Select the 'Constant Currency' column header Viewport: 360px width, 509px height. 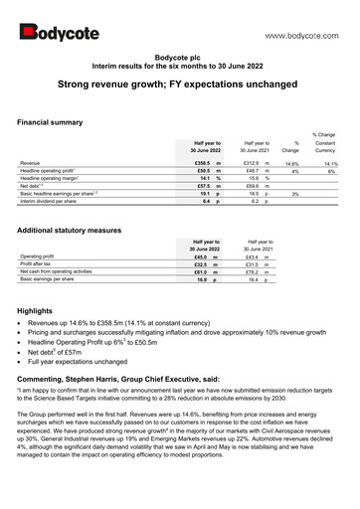click(x=328, y=147)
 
